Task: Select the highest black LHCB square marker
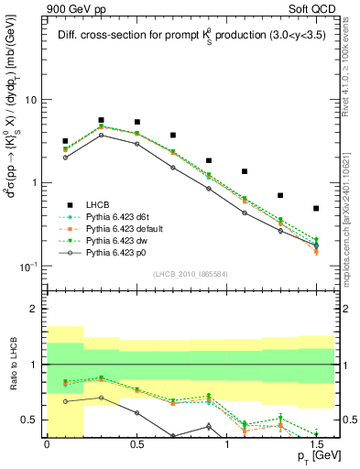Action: point(101,120)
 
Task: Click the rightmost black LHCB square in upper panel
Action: point(316,209)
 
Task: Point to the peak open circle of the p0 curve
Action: point(101,135)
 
